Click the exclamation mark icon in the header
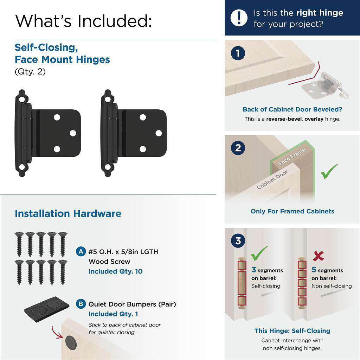click(x=239, y=18)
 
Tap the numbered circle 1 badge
click(x=238, y=53)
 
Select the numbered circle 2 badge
click(x=238, y=148)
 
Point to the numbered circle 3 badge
click(x=238, y=241)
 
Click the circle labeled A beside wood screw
click(x=81, y=252)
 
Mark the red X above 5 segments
click(x=318, y=256)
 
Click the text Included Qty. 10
click(x=115, y=271)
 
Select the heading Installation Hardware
click(x=68, y=214)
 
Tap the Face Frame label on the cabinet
click(x=291, y=157)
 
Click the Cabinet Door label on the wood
click(x=272, y=180)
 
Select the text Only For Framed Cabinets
click(x=292, y=211)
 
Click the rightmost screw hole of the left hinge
click(x=73, y=133)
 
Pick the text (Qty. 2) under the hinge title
click(x=30, y=71)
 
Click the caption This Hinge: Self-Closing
click(x=292, y=331)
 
